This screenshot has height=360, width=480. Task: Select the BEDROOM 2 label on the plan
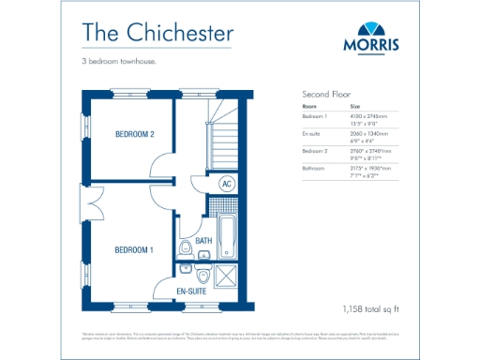click(x=134, y=135)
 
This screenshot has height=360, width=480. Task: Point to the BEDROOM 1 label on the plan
click(x=134, y=250)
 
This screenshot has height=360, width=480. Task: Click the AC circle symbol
click(x=226, y=184)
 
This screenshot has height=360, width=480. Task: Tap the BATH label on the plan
click(x=203, y=241)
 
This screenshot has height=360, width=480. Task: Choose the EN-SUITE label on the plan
click(x=192, y=292)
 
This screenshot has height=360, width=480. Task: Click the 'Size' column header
click(x=355, y=107)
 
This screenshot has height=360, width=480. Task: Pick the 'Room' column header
click(x=309, y=107)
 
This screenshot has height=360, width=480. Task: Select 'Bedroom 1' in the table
click(x=315, y=116)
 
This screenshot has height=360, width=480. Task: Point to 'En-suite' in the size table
click(x=312, y=133)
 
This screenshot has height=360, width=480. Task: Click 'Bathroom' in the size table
click(x=314, y=168)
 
